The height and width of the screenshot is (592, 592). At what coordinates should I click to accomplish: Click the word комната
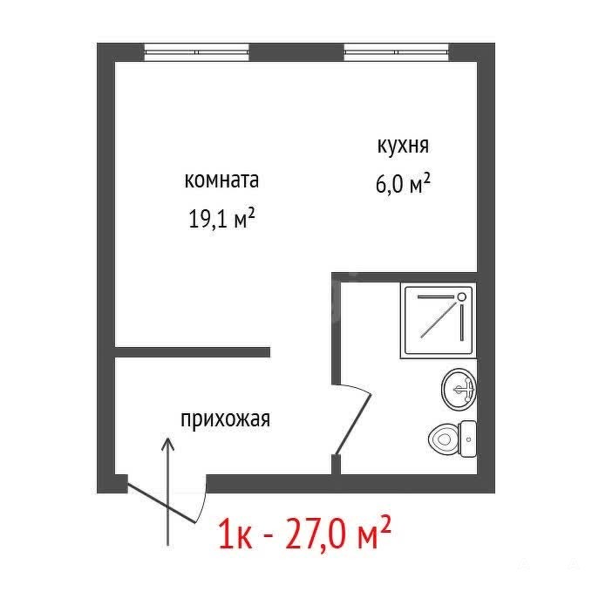(x=221, y=180)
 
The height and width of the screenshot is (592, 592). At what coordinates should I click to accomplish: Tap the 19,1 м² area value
(x=222, y=218)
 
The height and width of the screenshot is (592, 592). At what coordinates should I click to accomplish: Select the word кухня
(x=403, y=146)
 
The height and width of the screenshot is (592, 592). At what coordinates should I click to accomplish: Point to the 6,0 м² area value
(x=403, y=183)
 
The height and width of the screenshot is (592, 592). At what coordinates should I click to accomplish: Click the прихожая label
(x=226, y=419)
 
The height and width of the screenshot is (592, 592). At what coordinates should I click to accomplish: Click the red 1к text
(x=235, y=534)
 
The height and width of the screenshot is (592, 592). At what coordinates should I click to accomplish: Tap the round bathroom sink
(x=459, y=389)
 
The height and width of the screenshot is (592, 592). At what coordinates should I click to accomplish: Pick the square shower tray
(x=439, y=321)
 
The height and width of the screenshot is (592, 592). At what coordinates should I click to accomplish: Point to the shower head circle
(x=462, y=296)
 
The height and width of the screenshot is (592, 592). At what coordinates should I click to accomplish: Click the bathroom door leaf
(x=353, y=424)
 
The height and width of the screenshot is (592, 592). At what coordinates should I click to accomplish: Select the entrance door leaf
(x=161, y=503)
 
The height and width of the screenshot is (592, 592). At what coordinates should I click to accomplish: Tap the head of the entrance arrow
(x=167, y=444)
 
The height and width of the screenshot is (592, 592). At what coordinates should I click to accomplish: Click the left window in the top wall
(x=196, y=51)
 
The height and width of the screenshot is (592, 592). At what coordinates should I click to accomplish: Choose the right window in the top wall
(x=397, y=51)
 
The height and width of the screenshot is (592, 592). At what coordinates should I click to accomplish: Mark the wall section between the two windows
(x=296, y=52)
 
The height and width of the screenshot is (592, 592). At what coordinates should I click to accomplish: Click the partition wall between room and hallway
(x=193, y=352)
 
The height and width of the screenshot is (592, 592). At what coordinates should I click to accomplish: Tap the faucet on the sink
(x=466, y=390)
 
